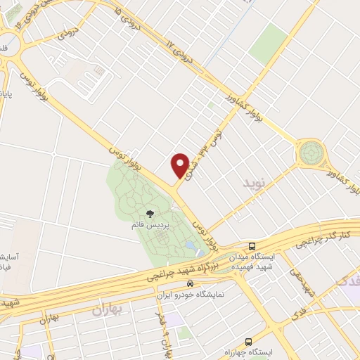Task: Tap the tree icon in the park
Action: click(149, 213)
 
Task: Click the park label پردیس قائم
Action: click(149, 225)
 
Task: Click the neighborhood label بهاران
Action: click(107, 309)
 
